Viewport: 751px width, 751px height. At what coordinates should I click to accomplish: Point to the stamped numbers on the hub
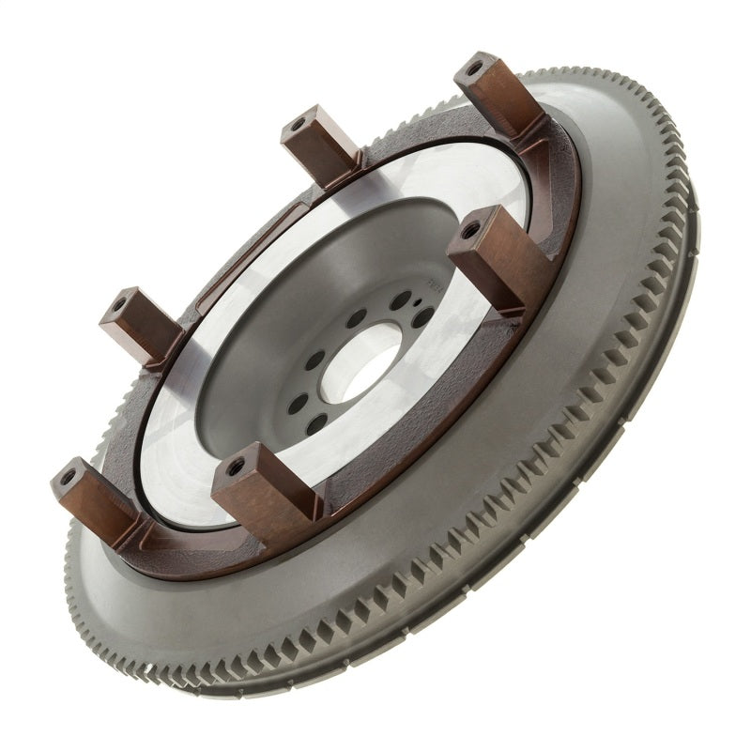click(435, 285)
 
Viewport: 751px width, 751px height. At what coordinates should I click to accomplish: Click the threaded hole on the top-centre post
click(298, 125)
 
